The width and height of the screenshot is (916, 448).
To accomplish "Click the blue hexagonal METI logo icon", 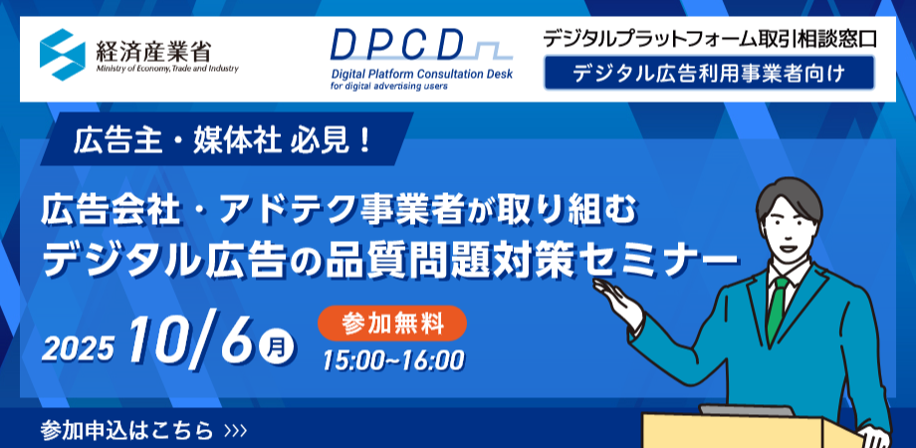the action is (63, 55).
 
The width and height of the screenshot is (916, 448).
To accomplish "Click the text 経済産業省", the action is (152, 50).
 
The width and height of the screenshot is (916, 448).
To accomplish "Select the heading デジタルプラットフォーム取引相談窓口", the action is (710, 39).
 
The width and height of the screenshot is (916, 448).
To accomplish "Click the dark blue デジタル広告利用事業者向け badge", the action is (709, 73).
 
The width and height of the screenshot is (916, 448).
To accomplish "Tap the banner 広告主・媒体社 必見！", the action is (223, 142).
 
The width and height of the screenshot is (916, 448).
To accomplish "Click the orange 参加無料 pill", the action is (392, 323).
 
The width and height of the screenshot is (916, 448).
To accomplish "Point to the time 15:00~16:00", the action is (393, 359).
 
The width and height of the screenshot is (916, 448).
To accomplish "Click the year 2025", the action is (78, 349).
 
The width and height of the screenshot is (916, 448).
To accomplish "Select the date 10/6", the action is (194, 338).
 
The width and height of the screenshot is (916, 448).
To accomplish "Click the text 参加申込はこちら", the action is (127, 431).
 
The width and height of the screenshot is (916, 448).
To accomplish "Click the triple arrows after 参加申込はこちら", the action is (235, 432).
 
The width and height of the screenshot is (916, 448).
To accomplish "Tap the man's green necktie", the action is (778, 310).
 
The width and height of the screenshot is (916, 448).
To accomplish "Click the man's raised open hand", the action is (617, 299).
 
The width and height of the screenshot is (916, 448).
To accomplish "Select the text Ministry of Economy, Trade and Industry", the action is (166, 69).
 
